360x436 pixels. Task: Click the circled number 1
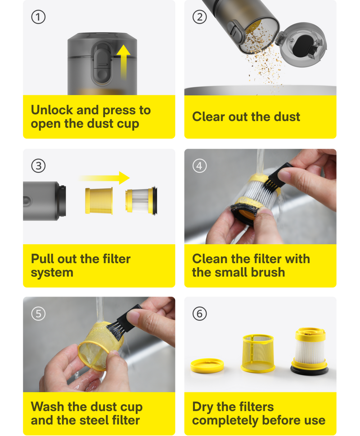pyautogui.click(x=38, y=17)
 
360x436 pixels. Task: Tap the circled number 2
pyautogui.click(x=200, y=17)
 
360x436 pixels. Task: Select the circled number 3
pyautogui.click(x=38, y=166)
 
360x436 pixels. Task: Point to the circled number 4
pyautogui.click(x=200, y=166)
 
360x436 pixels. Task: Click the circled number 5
pyautogui.click(x=38, y=314)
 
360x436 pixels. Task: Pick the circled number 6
pyautogui.click(x=200, y=314)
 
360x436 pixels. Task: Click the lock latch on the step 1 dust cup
pyautogui.click(x=102, y=63)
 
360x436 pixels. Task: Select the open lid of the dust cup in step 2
pyautogui.click(x=302, y=45)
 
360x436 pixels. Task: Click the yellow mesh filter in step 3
pyautogui.click(x=99, y=201)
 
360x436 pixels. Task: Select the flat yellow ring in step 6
pyautogui.click(x=207, y=365)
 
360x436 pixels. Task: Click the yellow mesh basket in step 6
pyautogui.click(x=258, y=353)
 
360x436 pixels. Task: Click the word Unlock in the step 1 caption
pyautogui.click(x=52, y=110)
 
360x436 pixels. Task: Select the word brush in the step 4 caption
pyautogui.click(x=268, y=272)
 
